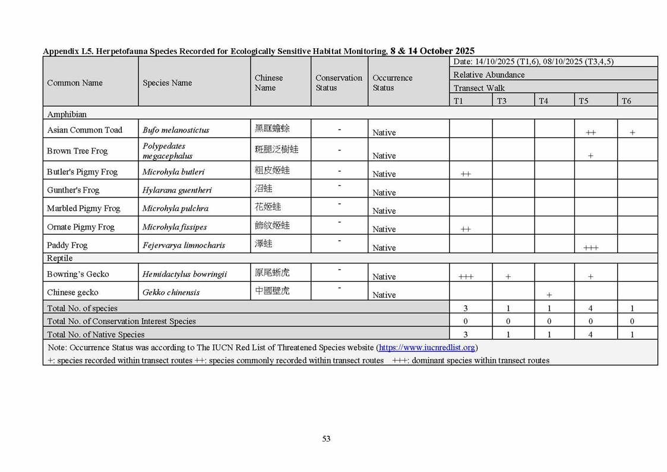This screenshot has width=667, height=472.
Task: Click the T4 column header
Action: coord(543,101)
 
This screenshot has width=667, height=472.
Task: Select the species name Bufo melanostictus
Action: coord(176,130)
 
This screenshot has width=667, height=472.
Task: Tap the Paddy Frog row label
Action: coord(67,245)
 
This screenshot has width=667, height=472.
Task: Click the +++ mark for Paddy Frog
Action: coord(590,248)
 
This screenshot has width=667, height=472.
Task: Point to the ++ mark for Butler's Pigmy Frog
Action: coord(466,174)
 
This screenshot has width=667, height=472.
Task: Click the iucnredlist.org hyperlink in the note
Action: coord(427,348)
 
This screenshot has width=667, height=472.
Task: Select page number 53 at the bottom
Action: coord(326,439)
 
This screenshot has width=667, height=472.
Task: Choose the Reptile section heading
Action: coord(60,259)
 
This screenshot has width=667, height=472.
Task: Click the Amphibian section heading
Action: coord(67,114)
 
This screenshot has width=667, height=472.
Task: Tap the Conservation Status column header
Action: coord(339,83)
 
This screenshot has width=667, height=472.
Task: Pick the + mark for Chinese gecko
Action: coord(549,295)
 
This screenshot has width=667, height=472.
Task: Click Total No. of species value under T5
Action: coord(590,309)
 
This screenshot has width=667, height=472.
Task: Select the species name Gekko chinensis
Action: coord(171,292)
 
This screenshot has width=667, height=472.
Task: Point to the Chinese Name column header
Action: coord(268,83)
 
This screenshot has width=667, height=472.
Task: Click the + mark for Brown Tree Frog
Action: coord(590,156)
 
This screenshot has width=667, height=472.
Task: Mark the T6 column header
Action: coord(626,101)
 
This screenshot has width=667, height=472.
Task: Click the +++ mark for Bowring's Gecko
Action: coord(466,277)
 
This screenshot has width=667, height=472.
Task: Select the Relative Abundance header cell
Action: coord(489,75)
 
